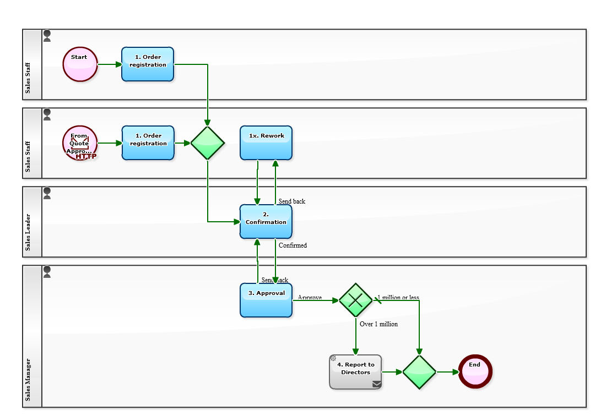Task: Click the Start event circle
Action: (x=80, y=64)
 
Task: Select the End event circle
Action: (x=475, y=371)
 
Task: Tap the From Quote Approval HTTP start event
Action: (x=80, y=143)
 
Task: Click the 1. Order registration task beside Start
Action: (x=148, y=64)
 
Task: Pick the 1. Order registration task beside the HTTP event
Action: (x=148, y=143)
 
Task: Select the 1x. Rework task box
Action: (x=266, y=143)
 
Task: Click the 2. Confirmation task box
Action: (x=266, y=222)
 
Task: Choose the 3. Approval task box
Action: (x=266, y=300)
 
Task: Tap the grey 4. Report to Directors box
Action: (x=355, y=371)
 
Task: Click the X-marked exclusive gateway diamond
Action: (x=355, y=300)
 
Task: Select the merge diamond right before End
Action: (x=419, y=371)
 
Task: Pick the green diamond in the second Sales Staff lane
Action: (x=208, y=143)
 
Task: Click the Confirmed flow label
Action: (x=293, y=245)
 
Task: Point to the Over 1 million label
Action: (x=378, y=324)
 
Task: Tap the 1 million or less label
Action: (x=398, y=298)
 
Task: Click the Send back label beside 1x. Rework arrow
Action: (x=291, y=201)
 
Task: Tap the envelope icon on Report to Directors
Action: (x=376, y=384)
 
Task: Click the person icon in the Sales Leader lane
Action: (x=47, y=193)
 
